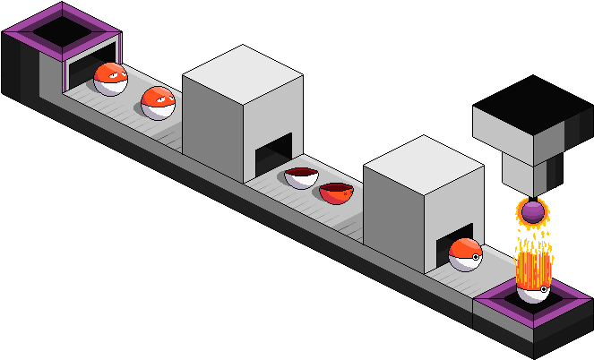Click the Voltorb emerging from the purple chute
point(111,79)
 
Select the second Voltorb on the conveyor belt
point(159,102)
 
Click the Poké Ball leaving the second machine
point(466,254)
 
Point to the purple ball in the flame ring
point(534,212)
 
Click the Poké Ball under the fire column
point(533,289)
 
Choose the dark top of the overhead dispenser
point(534,105)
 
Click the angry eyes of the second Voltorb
point(155,100)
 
